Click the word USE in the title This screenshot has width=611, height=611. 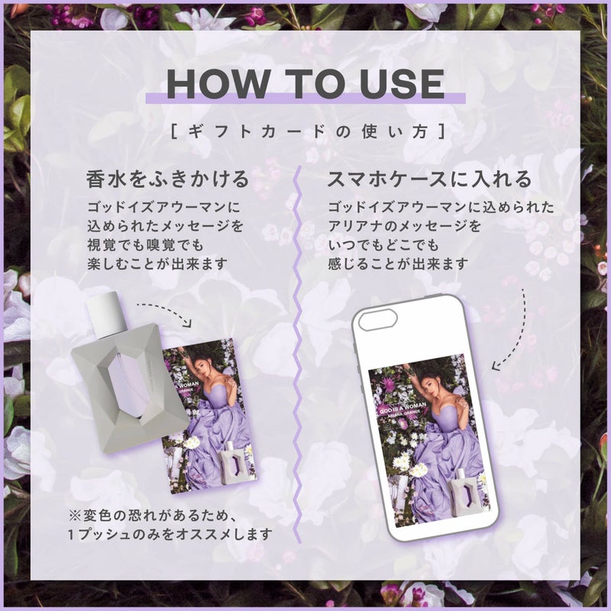coord(402,83)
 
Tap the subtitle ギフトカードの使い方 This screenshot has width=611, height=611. coord(308,131)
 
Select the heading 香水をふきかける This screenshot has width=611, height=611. coord(167,179)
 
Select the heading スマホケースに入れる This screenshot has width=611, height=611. coord(429,179)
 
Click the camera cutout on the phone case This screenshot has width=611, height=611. coord(377,321)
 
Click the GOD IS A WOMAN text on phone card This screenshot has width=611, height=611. coord(402,408)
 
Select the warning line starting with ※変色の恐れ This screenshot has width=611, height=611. coord(152,516)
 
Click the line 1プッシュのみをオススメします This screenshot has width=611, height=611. coord(170,534)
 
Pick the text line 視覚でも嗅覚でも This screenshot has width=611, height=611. coord(145,245)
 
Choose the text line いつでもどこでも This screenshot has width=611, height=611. coord(383,245)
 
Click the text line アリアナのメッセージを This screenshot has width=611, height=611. coord(405,226)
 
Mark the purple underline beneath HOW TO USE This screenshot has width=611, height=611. coord(305,99)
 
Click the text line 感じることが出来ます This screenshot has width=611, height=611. coord(398,264)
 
